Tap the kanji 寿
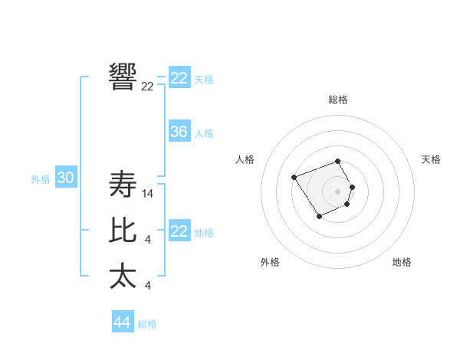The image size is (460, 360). [x=123, y=184]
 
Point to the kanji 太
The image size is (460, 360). [x=123, y=276]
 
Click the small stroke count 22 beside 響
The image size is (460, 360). [x=147, y=87]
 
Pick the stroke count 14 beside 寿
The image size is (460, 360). [x=148, y=195]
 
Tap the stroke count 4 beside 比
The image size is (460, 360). [x=147, y=241]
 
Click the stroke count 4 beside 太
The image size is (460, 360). [x=147, y=286]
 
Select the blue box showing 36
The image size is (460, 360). [x=179, y=132]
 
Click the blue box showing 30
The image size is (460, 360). [x=65, y=178]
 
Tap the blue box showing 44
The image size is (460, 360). [x=122, y=322]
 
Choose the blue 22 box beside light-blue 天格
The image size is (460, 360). [x=179, y=78]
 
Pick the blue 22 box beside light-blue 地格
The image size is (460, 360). [x=179, y=231]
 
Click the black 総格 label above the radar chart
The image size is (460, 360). [x=338, y=100]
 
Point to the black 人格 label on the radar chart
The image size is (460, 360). [x=245, y=159]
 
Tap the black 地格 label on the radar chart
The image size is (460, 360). [x=402, y=262]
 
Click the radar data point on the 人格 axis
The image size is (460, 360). [x=294, y=177]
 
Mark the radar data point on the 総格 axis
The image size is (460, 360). [x=338, y=161]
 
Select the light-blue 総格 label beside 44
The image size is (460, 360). [x=147, y=324]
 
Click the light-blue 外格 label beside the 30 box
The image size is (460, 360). [x=41, y=179]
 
